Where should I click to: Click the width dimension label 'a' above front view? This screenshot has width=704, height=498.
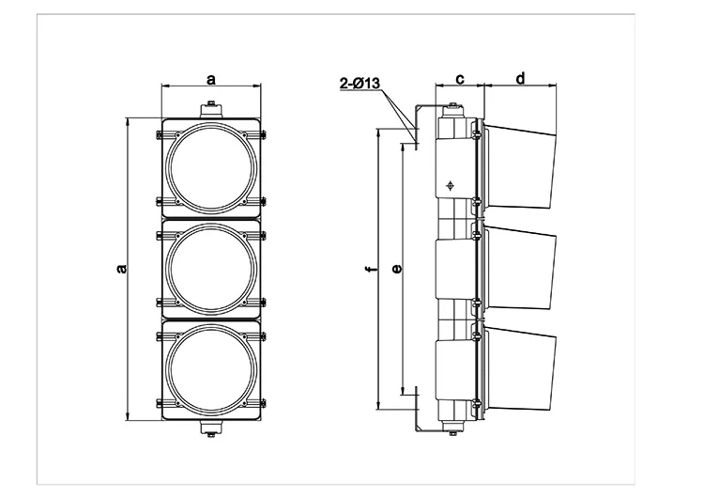coord(211,79)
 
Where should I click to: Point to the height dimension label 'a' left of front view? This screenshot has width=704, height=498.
coord(121,269)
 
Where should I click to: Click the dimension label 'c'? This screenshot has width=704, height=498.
coord(460,79)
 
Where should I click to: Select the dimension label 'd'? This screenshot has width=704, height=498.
coord(520,79)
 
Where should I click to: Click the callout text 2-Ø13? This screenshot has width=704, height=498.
coord(360,84)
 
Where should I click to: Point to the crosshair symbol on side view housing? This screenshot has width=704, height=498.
coord(451,185)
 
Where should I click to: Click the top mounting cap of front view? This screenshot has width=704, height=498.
coord(211,111)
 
